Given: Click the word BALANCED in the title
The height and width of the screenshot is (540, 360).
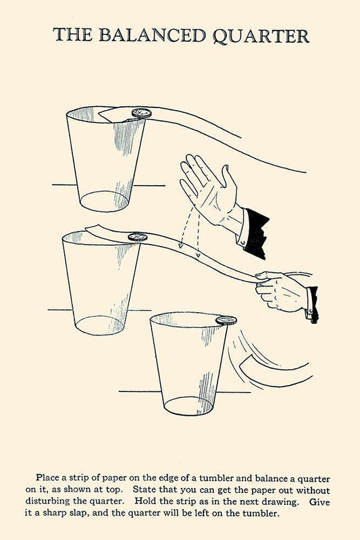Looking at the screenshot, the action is (x=152, y=35).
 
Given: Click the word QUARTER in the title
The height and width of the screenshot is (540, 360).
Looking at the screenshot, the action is (x=261, y=36).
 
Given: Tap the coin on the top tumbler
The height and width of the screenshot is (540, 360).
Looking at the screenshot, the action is (x=141, y=113).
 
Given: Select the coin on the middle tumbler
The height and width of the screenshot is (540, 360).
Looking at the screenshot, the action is (x=138, y=237).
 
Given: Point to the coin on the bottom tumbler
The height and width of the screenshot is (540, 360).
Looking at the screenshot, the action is (x=226, y=320).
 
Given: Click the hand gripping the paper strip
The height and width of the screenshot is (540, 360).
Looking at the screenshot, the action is (x=280, y=291).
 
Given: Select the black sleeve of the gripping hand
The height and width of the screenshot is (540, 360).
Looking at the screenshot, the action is (x=312, y=304).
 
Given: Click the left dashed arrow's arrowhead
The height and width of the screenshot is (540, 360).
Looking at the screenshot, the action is (x=180, y=246).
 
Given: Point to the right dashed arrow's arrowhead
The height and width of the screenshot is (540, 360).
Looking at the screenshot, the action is (x=198, y=255).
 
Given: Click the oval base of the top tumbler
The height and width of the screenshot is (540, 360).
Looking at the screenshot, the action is (x=104, y=201).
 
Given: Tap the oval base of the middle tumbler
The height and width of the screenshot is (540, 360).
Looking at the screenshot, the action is (x=100, y=325).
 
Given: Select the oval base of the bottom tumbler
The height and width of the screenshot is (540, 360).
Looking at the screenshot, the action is (x=188, y=406).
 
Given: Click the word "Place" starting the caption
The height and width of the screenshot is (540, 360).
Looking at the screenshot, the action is (x=47, y=478).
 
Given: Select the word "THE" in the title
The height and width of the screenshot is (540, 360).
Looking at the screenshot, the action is (x=73, y=35).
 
